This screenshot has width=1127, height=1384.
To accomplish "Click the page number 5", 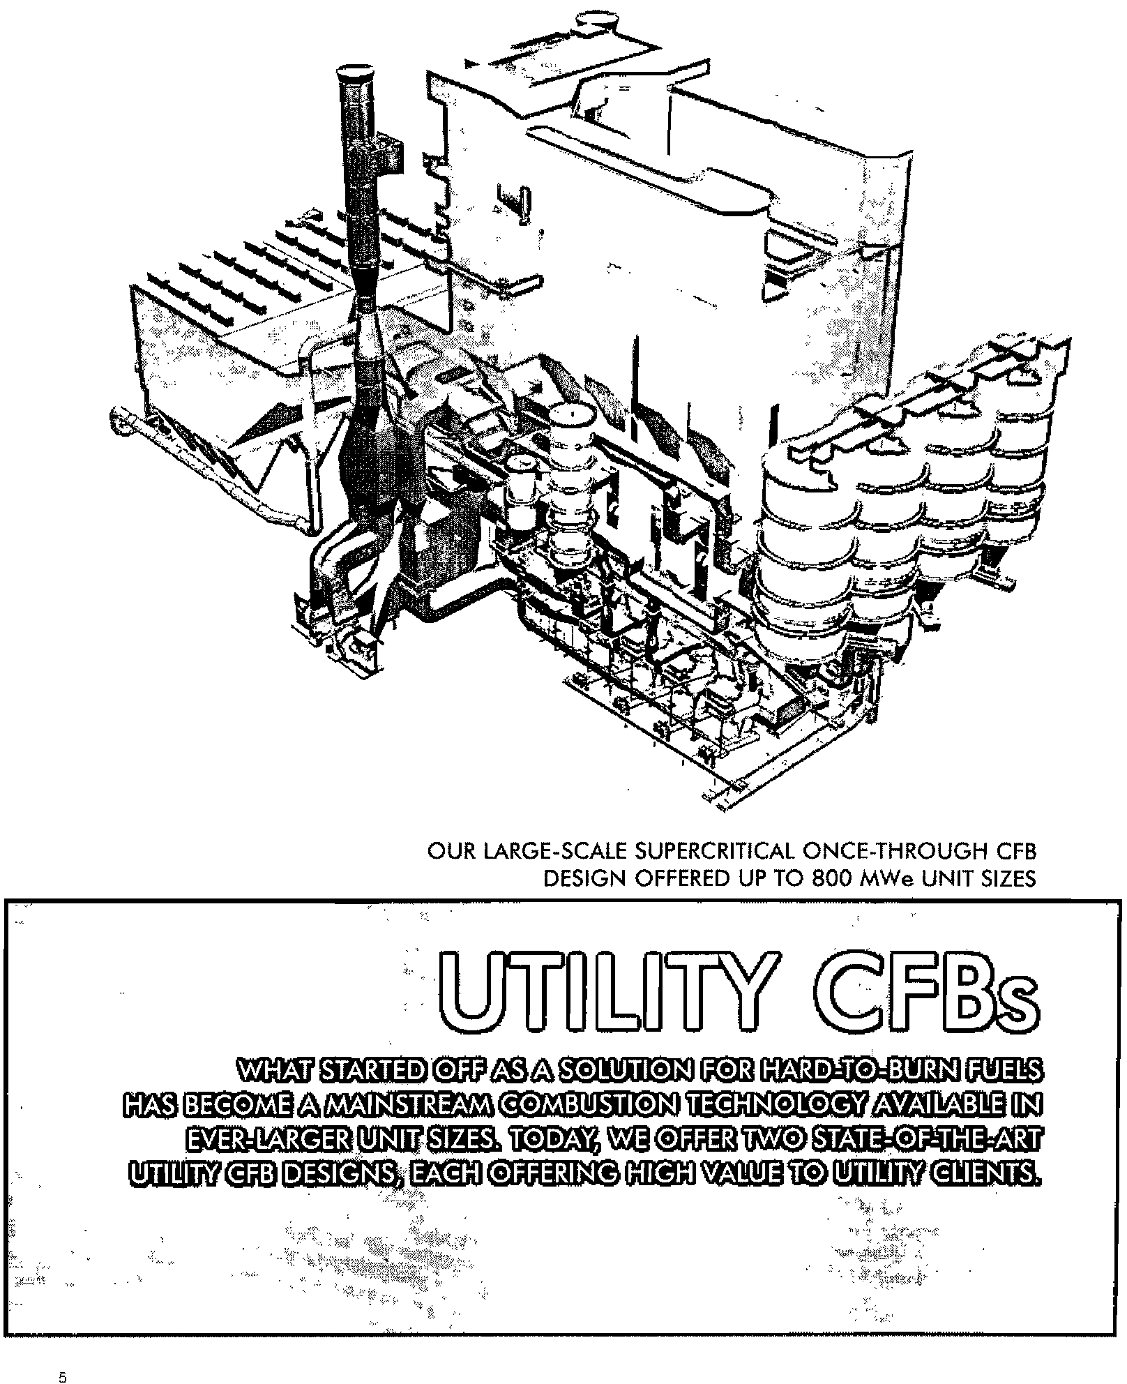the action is click(63, 1359).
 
